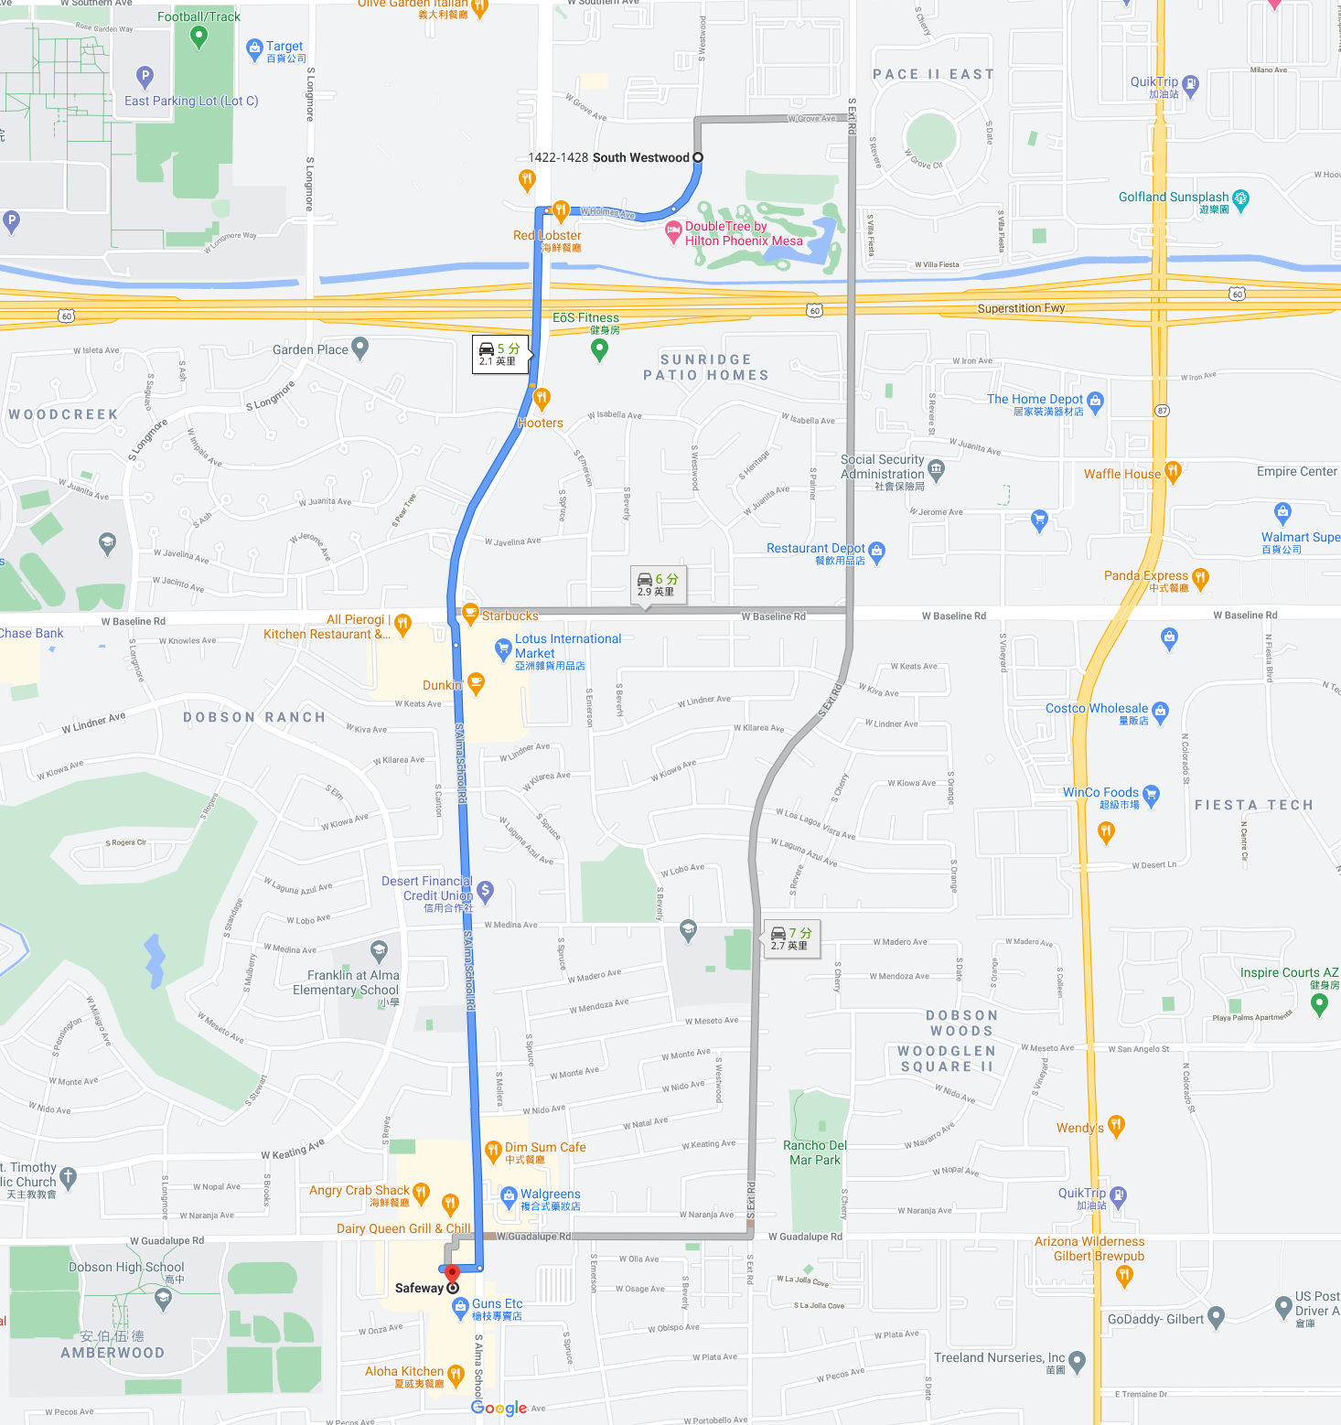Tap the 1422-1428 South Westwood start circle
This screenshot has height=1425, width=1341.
coord(698,157)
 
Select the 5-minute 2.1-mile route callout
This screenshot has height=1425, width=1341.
coord(499,354)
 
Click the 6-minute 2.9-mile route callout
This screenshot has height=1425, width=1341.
coord(657,584)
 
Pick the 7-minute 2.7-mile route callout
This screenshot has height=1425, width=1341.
coord(791,938)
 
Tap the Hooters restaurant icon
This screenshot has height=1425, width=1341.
coord(542,398)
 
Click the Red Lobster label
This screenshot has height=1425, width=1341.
coord(547,236)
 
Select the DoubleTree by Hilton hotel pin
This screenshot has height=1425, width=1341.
coord(673,230)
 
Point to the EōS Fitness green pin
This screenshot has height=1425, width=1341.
coord(599,348)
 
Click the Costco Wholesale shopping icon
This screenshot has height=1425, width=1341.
coord(1161,711)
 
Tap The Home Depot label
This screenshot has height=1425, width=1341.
coord(1035,399)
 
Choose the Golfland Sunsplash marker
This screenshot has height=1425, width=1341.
coord(1241,198)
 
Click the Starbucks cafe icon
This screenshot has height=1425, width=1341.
coord(470,613)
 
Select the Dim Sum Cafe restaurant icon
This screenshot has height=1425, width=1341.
coord(493,1150)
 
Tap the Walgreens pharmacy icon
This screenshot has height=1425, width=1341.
coord(510,1195)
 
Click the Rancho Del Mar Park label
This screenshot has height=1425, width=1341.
coord(815,1152)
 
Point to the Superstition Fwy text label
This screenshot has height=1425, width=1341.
coord(1021,308)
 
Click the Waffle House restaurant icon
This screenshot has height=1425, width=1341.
coord(1173,472)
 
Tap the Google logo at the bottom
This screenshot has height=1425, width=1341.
coord(499,1408)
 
